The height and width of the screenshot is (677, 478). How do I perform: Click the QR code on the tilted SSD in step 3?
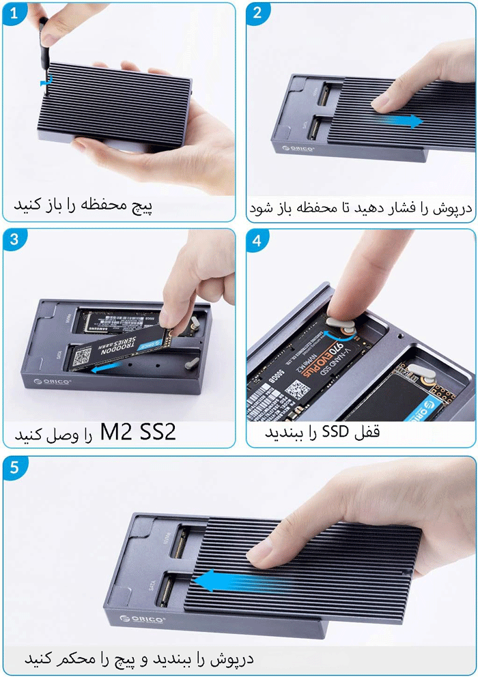(84, 355)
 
